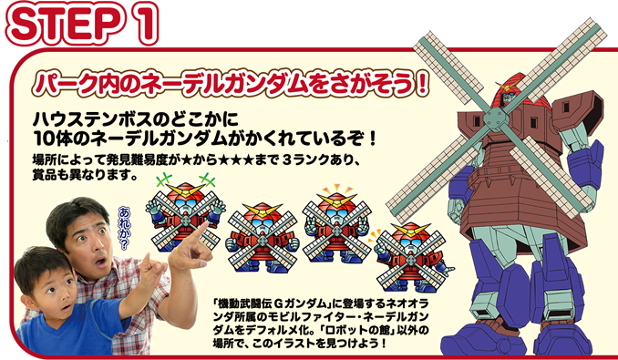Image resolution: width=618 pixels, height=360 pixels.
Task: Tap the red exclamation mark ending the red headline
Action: (423, 84)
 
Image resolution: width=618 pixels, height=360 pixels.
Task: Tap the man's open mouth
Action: (101, 262)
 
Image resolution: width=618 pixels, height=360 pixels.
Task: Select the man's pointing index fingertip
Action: (206, 224)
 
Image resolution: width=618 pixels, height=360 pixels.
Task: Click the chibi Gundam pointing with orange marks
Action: (412, 258)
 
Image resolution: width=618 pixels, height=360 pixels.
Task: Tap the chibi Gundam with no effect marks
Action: (263, 238)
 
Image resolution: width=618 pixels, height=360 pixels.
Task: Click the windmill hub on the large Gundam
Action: (496, 119)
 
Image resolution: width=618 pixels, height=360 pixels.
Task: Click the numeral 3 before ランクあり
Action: (287, 160)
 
